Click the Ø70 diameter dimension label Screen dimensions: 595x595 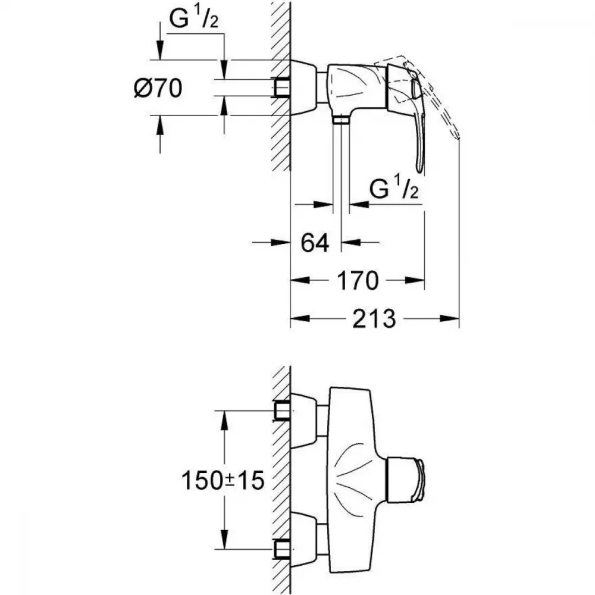[158, 88]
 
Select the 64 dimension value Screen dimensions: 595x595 [315, 243]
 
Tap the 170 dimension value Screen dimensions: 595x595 [358, 280]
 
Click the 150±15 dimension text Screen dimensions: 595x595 [223, 480]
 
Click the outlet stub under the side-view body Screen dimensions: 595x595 [341, 120]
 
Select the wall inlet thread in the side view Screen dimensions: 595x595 [281, 87]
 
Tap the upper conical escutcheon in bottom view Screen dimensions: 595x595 [303, 421]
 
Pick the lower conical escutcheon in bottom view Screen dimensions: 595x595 [303, 539]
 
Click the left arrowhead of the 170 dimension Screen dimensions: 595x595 [300, 280]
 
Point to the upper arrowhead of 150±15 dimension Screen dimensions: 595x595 [224, 420]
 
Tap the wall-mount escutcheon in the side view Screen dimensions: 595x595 [303, 87]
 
